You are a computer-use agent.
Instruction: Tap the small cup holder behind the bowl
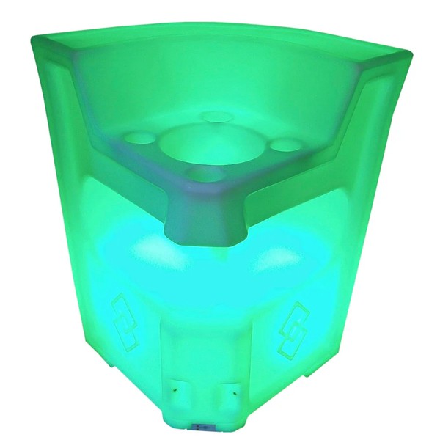pos(215,116)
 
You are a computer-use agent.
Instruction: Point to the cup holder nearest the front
pos(203,173)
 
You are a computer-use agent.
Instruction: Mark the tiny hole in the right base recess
pos(230,395)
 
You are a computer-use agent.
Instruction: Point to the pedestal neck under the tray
pos(204,216)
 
